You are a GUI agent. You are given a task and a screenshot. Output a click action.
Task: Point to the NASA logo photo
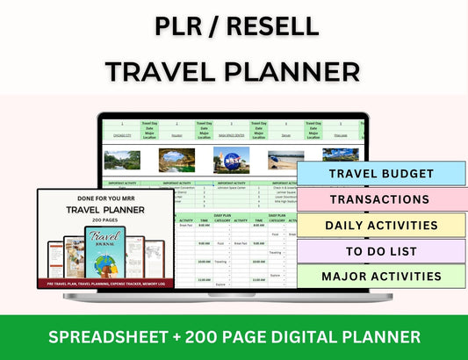(x=232, y=160)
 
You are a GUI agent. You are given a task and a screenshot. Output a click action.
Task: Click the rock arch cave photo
(x=176, y=160)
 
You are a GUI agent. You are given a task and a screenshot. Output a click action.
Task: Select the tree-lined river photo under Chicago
(x=122, y=160)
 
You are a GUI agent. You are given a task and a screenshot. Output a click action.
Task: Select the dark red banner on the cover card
(x=105, y=284)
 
